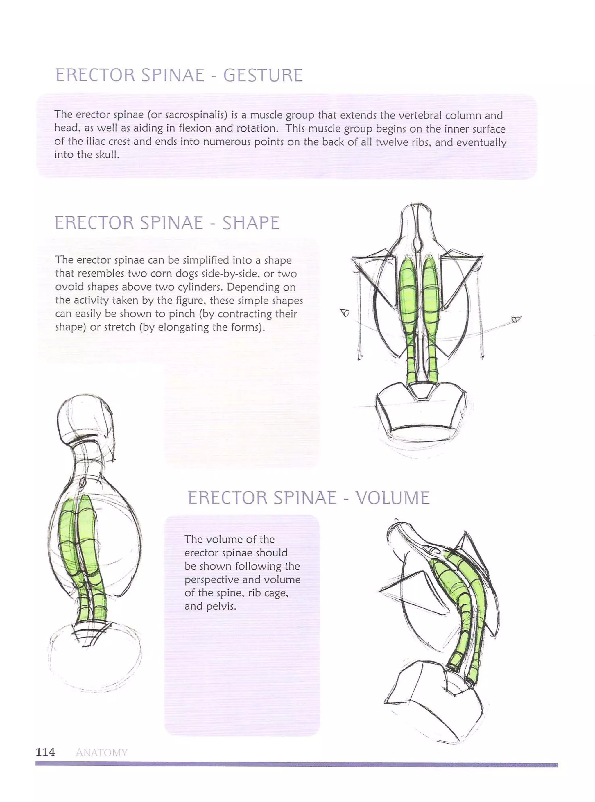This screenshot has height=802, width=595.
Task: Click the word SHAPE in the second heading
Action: point(251,223)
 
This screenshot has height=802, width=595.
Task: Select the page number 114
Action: point(45,752)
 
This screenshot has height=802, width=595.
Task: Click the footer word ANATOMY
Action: point(102,753)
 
